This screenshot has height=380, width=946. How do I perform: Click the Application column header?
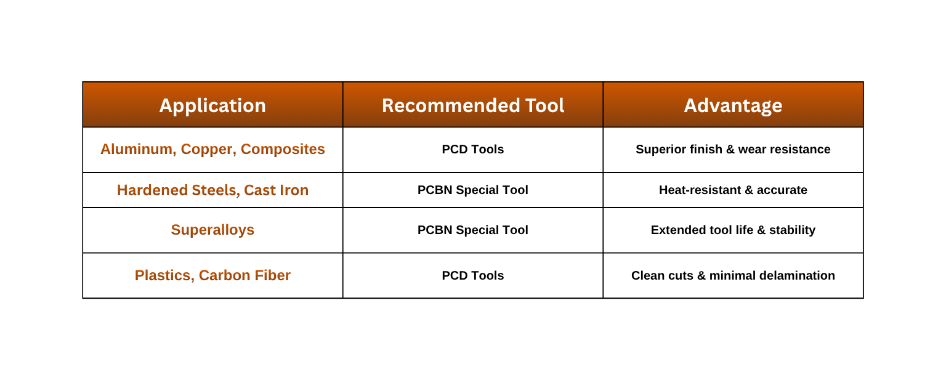click(212, 106)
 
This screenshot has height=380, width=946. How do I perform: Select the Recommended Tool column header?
click(473, 105)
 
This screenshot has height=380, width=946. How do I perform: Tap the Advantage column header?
click(733, 106)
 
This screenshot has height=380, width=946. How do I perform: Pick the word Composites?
click(283, 150)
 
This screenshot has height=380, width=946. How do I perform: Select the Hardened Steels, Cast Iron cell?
click(213, 190)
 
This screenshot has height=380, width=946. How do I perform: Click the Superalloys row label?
click(213, 230)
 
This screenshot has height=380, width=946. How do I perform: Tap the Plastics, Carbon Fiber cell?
click(213, 275)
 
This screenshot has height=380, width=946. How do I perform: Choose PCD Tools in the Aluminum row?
click(473, 150)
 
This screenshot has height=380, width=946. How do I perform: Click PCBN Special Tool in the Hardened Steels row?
click(473, 190)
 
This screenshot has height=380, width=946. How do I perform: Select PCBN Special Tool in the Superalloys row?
click(473, 230)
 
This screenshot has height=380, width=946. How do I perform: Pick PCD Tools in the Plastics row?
click(473, 276)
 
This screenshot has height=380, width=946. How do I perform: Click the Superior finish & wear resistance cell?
click(733, 150)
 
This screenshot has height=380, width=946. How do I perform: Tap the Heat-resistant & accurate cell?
click(733, 190)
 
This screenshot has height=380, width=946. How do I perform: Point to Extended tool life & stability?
click(733, 230)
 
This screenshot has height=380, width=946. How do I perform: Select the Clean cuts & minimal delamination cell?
click(733, 276)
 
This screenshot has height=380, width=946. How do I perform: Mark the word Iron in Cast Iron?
click(293, 190)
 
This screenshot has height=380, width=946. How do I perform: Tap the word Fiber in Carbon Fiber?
click(273, 275)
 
